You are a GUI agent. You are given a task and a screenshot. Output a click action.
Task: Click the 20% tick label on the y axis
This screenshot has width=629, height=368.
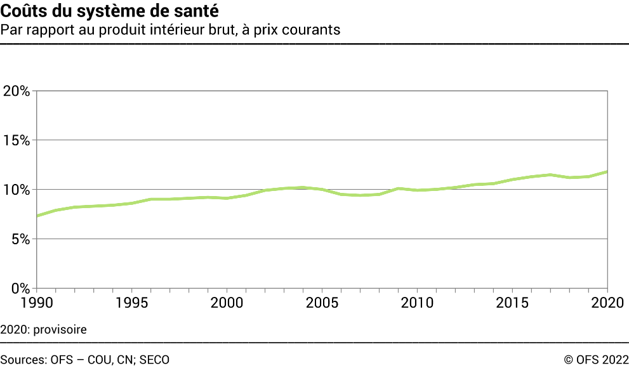16,91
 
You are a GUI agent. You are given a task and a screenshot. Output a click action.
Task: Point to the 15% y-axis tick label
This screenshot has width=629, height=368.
16,141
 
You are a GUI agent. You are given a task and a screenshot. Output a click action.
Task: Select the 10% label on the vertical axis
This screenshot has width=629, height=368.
16,190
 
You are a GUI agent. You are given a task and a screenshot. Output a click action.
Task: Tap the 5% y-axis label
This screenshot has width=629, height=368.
19,240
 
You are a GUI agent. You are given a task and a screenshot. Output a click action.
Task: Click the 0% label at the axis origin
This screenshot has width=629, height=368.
19,289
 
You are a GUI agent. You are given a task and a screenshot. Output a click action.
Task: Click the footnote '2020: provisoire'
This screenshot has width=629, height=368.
43,330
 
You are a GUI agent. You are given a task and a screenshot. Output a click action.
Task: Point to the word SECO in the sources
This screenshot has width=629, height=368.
154,360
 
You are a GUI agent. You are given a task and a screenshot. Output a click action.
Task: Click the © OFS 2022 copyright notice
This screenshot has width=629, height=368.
596,360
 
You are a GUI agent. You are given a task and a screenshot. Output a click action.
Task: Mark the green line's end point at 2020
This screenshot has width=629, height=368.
607,172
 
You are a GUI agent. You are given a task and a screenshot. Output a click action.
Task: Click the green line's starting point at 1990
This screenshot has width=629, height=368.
37,216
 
